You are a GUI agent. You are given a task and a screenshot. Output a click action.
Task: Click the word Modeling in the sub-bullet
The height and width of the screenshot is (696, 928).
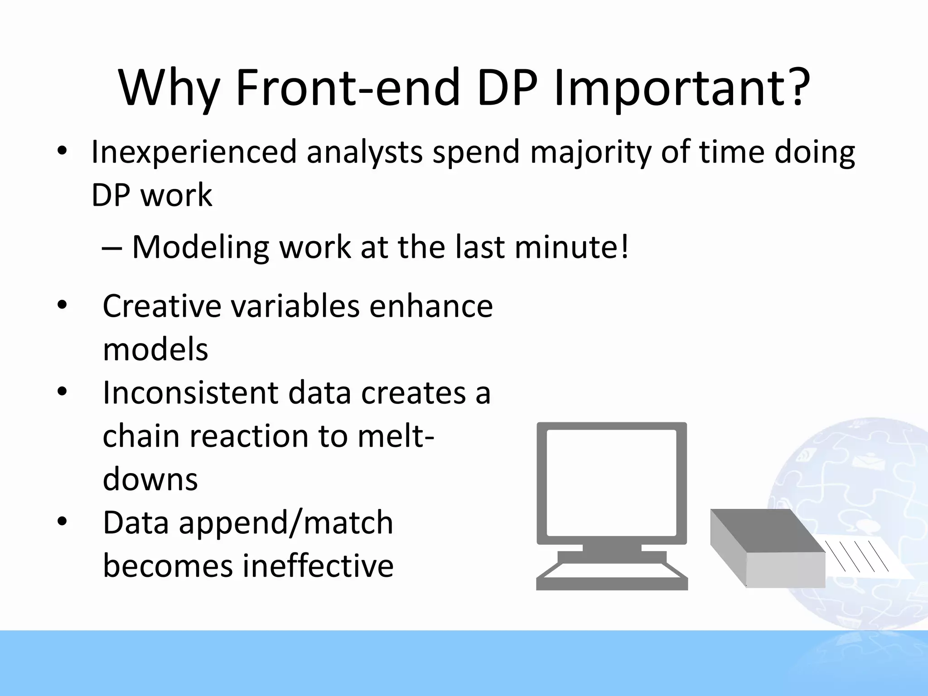click(200, 247)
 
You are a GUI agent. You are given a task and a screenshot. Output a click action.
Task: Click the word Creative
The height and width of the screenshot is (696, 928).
click(162, 306)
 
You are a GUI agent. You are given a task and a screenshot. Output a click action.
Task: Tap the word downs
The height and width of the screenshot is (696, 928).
click(150, 479)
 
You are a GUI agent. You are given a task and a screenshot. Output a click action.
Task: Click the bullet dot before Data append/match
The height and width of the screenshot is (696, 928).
click(62, 522)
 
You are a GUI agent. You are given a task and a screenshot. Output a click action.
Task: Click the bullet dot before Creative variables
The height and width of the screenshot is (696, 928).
click(62, 304)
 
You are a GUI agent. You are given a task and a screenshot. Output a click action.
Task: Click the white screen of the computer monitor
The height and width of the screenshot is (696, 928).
click(612, 483)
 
